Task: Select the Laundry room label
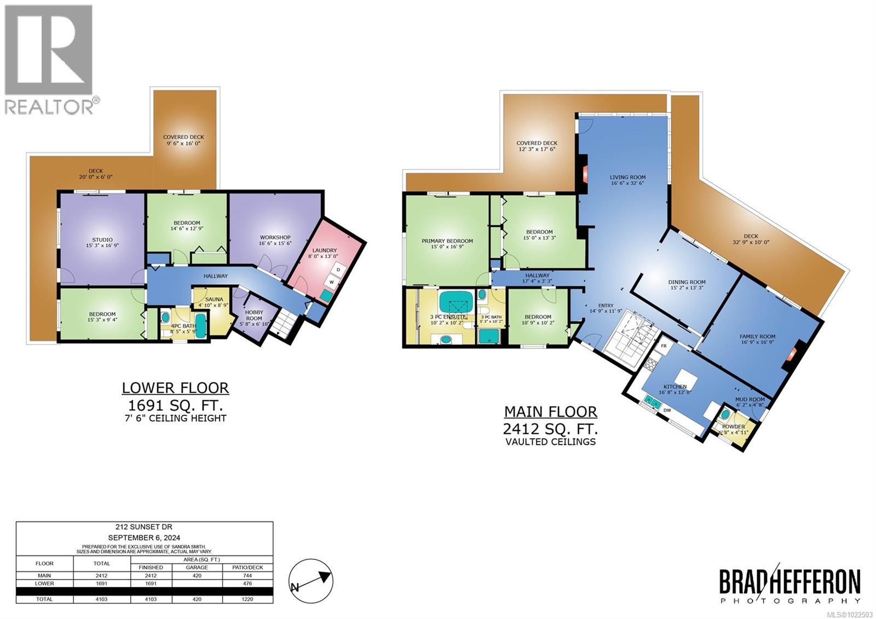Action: [325, 253]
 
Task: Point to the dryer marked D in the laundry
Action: [338, 270]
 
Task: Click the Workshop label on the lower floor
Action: [275, 240]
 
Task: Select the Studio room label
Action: [102, 243]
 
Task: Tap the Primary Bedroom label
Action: [447, 244]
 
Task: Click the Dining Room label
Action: [687, 285]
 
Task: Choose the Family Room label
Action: [757, 340]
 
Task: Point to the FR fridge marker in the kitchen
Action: [664, 346]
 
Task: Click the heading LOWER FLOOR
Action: [175, 388]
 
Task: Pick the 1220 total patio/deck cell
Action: [247, 599]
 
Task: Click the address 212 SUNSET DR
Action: [144, 527]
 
